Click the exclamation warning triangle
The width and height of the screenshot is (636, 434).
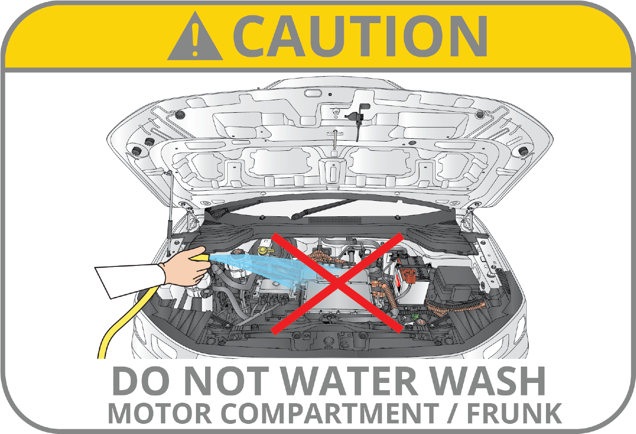195,37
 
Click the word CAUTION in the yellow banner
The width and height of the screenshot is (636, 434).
361,36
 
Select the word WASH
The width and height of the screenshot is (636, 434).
488,381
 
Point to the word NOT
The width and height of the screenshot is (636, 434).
227,381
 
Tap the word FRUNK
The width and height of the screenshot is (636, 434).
514,414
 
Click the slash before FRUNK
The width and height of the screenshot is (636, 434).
453,414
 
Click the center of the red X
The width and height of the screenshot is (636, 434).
337,283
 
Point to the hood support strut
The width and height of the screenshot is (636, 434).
170,213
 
